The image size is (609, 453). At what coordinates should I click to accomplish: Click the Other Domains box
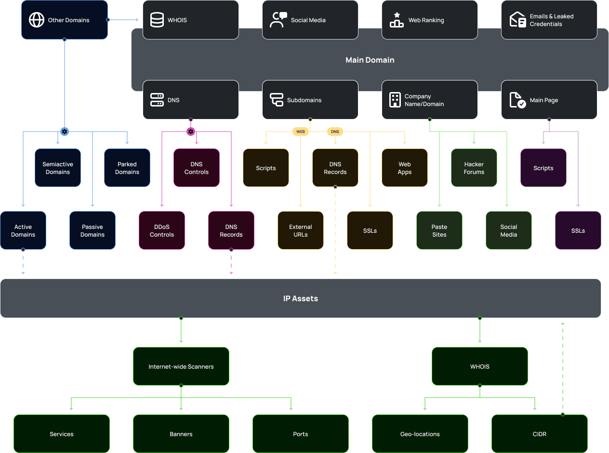tap(64, 20)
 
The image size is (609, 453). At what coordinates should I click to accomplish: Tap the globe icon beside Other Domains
tap(37, 20)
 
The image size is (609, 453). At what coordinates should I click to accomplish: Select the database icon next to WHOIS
tap(157, 20)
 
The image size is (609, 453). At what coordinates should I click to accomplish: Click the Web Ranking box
tap(429, 20)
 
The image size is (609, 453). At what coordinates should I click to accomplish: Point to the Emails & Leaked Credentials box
tap(549, 20)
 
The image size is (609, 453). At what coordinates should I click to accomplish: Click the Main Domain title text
tap(370, 60)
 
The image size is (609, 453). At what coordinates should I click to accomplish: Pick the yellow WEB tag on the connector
tap(300, 132)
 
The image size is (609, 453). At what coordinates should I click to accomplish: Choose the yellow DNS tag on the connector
tap(335, 132)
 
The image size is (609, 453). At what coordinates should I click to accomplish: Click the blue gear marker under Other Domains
tap(65, 131)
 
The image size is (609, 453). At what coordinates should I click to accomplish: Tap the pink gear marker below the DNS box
tap(191, 131)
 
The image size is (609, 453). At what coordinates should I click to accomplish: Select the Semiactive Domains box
tap(58, 168)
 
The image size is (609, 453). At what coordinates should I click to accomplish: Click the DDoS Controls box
tap(162, 230)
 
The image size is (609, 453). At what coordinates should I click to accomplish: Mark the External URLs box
tap(301, 230)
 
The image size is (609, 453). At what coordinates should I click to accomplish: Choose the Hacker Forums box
tap(474, 168)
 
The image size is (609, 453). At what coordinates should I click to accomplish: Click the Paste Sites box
tap(439, 230)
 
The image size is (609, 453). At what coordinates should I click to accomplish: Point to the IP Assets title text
tap(300, 298)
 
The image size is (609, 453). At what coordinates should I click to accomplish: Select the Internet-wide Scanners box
tap(181, 366)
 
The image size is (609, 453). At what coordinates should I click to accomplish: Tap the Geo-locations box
tap(420, 434)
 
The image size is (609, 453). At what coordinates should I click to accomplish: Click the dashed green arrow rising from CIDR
tap(563, 366)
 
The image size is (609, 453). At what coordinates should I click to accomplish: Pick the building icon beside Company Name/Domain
tap(395, 100)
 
